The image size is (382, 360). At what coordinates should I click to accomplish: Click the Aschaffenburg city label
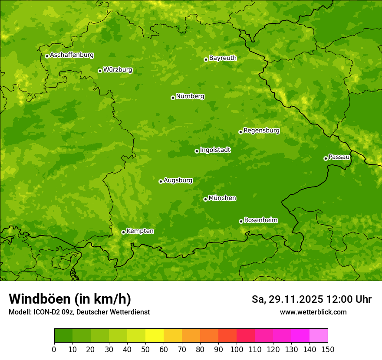[x=72, y=55]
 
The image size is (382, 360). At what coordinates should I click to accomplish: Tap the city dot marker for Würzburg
[x=100, y=71]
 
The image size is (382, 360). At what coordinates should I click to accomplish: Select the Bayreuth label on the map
[x=223, y=58]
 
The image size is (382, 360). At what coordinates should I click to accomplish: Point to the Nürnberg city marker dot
[x=173, y=98]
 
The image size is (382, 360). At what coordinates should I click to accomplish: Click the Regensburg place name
[x=261, y=130]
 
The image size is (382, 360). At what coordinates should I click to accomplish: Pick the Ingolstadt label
[x=215, y=150]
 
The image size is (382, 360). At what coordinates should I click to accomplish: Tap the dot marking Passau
[x=326, y=158]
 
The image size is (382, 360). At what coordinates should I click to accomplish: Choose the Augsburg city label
[x=178, y=180]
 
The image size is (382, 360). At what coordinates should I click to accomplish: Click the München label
[x=222, y=198]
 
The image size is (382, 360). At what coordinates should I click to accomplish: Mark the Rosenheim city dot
[x=241, y=221]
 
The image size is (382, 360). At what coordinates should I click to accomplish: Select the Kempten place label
[x=140, y=231]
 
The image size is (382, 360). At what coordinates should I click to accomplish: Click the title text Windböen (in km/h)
[x=70, y=299]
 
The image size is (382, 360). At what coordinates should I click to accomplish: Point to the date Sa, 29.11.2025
[x=287, y=299]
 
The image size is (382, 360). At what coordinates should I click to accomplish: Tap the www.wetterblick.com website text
[x=313, y=312]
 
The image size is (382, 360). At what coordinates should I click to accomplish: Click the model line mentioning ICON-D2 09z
[x=79, y=312]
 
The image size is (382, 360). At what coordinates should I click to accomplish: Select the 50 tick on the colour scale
[x=145, y=349]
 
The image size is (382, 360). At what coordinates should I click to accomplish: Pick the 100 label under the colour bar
[x=237, y=349]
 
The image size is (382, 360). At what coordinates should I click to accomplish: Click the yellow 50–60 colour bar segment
[x=155, y=336]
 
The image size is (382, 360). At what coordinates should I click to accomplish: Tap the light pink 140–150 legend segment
[x=319, y=336]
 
